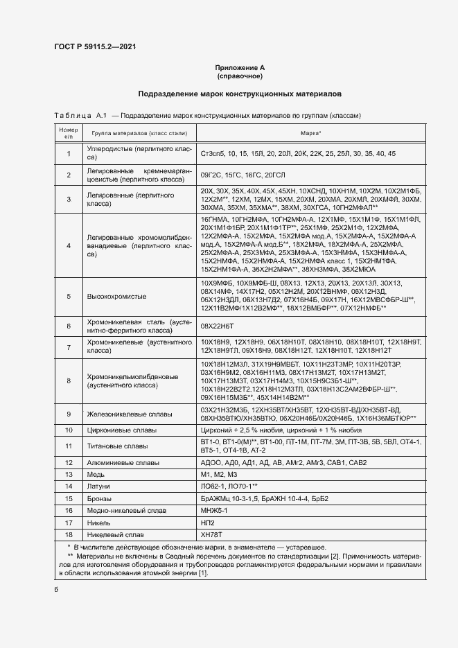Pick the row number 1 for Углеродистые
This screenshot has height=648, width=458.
69,153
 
